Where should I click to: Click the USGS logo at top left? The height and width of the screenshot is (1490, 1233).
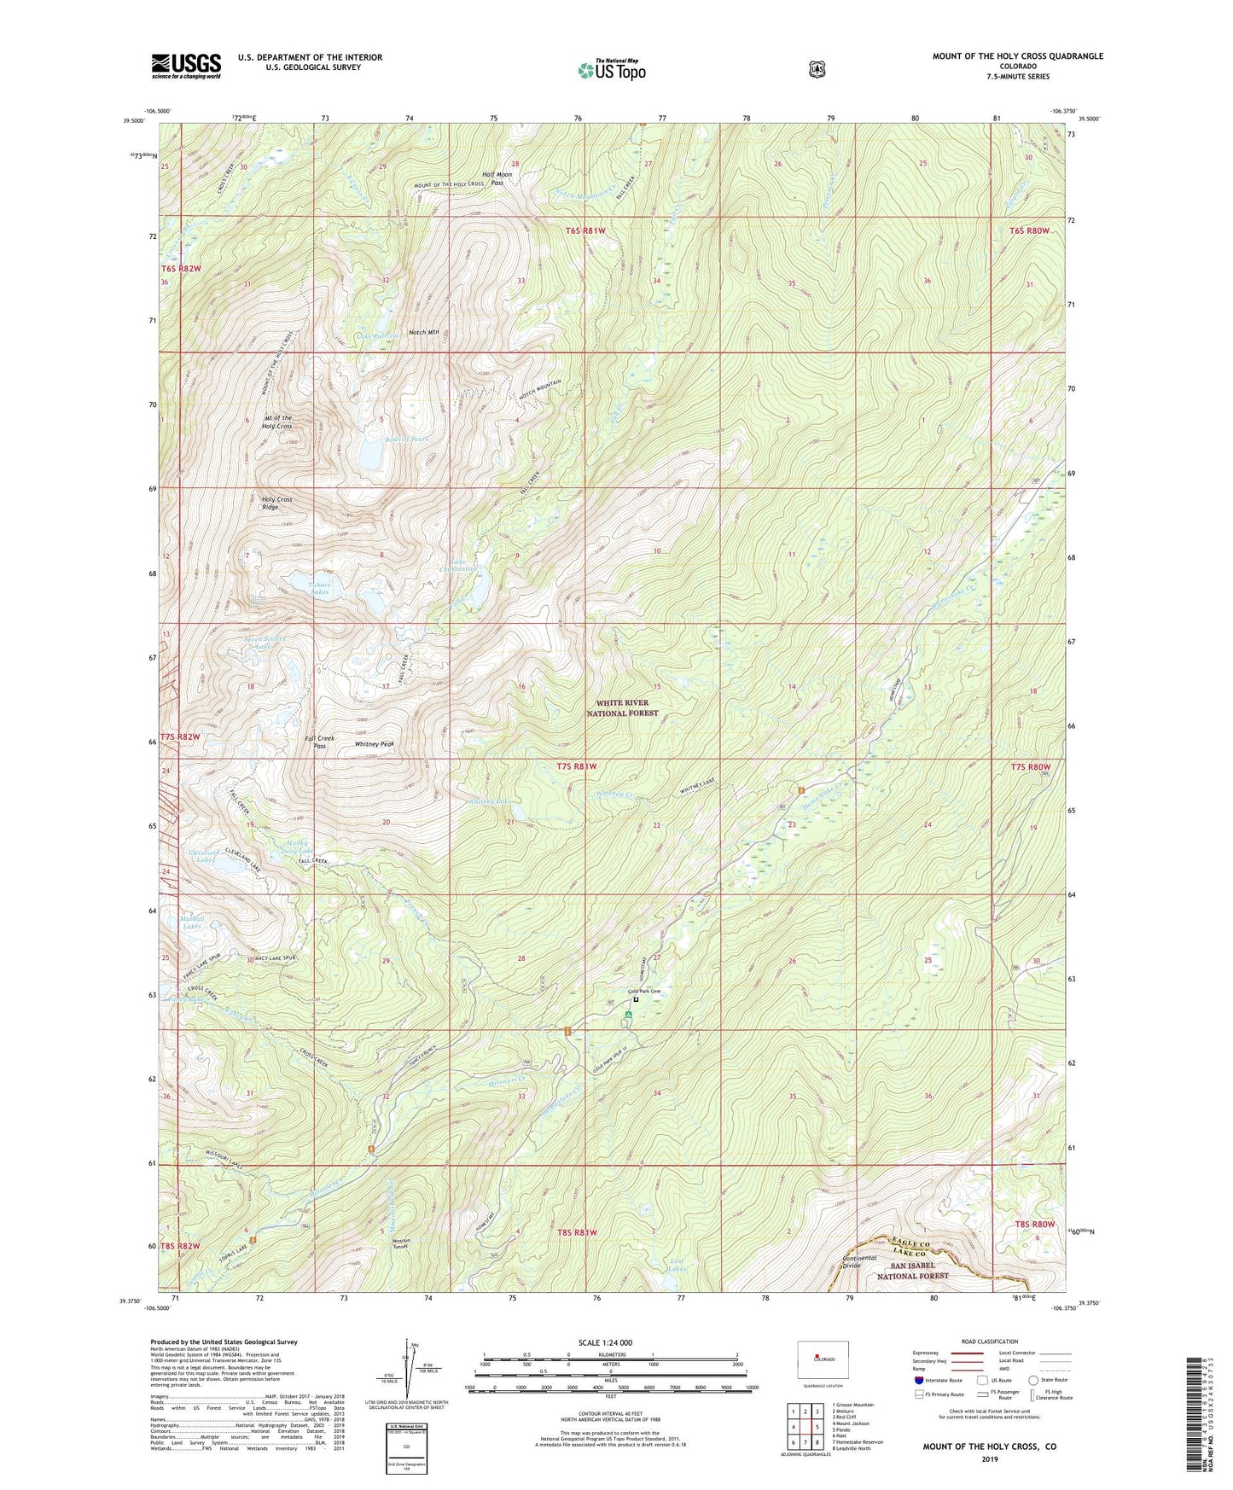(186, 65)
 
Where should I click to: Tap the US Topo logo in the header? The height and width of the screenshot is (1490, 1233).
(611, 69)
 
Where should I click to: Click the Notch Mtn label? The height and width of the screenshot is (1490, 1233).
(423, 332)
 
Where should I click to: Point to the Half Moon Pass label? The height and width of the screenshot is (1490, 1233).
(497, 178)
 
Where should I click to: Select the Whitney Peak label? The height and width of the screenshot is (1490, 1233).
(375, 744)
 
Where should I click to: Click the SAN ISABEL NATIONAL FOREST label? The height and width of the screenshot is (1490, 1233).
(913, 1271)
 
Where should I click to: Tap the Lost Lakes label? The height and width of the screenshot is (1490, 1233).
(677, 1265)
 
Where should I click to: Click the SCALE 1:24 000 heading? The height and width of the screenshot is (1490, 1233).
(605, 1342)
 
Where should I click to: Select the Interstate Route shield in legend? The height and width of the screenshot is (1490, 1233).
(919, 1380)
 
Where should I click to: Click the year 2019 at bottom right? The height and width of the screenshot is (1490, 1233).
(989, 1458)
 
